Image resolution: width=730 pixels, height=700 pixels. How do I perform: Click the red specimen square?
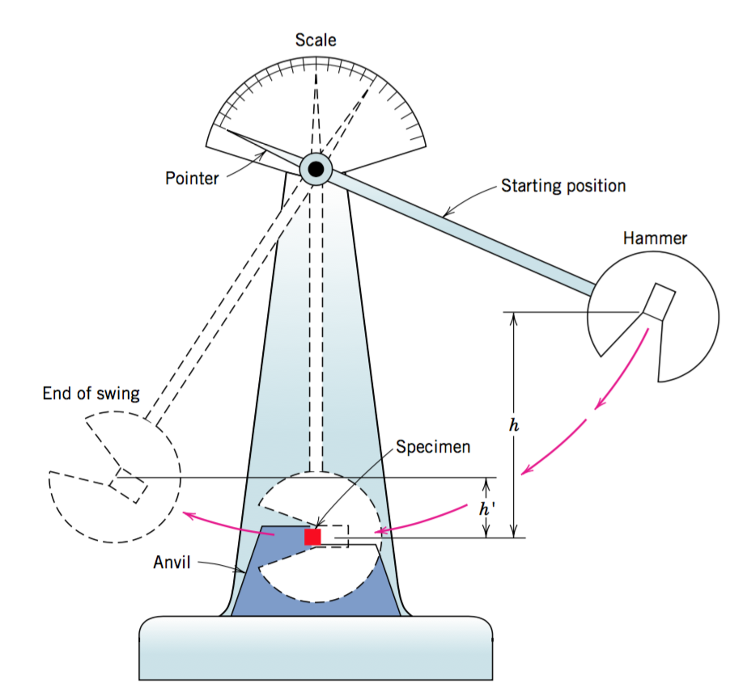click(x=312, y=537)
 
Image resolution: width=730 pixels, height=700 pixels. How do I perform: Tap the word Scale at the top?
click(x=315, y=40)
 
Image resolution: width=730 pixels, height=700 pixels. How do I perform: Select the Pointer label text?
click(x=192, y=178)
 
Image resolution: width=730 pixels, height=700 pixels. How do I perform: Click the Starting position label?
click(x=563, y=186)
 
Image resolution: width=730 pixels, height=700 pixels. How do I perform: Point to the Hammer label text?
click(x=655, y=238)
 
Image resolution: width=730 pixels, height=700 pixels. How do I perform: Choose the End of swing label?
click(x=91, y=394)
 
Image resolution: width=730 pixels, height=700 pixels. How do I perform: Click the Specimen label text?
click(x=432, y=446)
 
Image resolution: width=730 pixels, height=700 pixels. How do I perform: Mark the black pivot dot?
click(x=316, y=169)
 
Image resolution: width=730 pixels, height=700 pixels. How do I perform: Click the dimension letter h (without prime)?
click(x=511, y=424)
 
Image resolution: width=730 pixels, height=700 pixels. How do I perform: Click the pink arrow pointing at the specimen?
click(x=421, y=521)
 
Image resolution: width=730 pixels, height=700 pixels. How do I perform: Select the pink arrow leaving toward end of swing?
click(x=227, y=522)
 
